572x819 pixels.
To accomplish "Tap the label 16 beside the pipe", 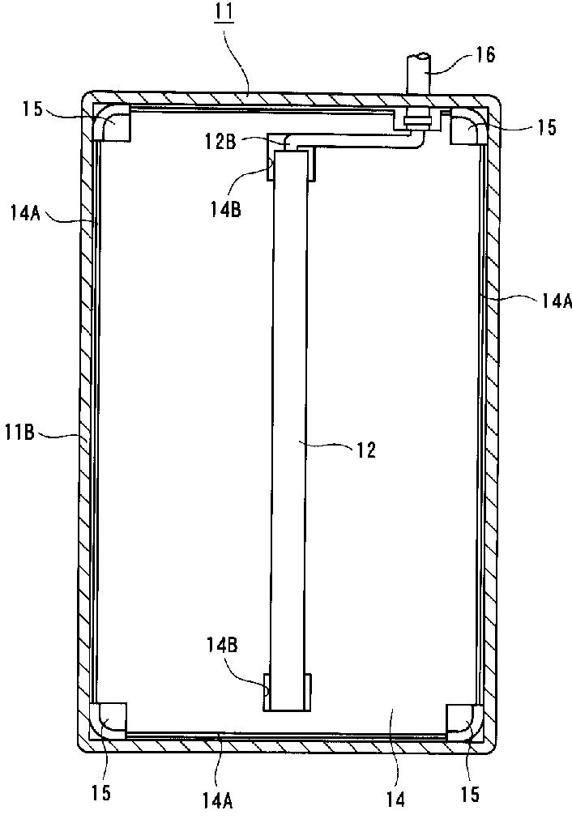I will (485, 55).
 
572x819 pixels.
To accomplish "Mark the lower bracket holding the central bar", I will (288, 695).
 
